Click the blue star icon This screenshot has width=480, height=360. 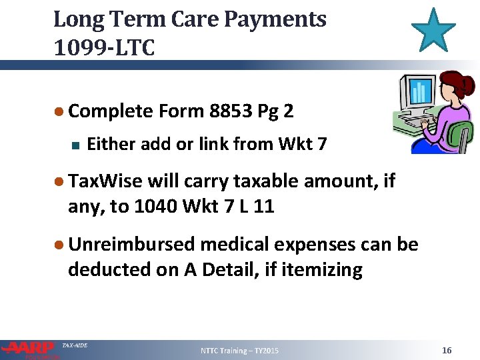point(433,30)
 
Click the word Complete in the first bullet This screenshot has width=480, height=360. point(111,110)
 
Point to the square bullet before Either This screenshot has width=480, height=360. point(74,143)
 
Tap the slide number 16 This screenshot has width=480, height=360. point(447,350)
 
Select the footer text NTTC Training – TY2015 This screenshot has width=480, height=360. point(240,351)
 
